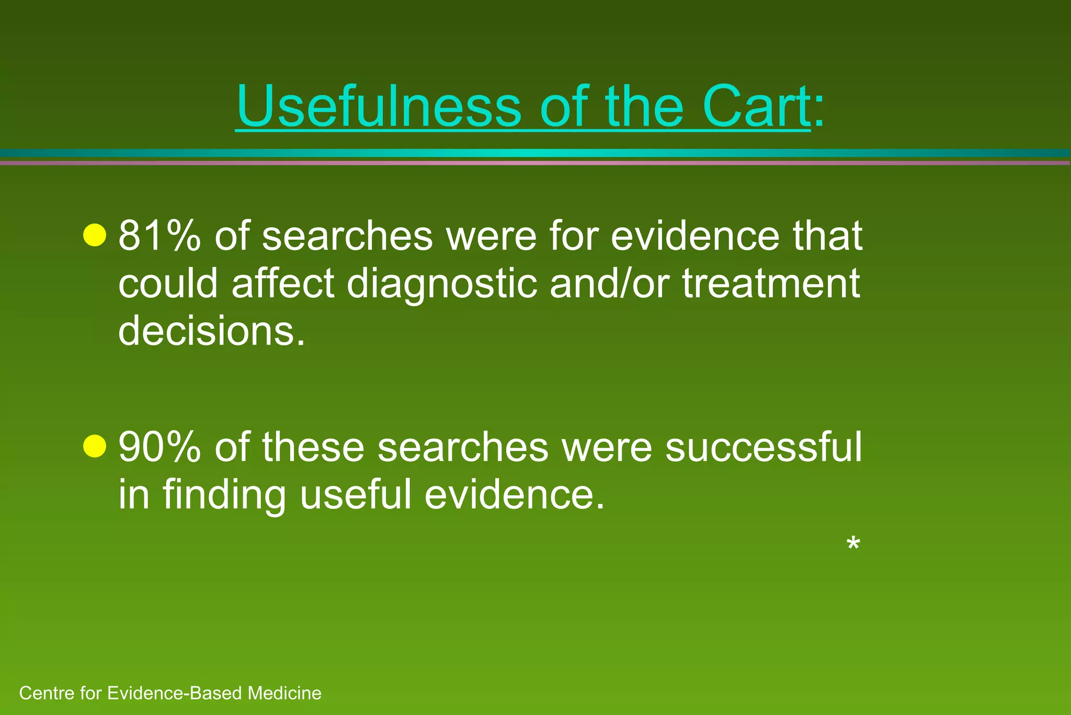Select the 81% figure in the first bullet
(159, 236)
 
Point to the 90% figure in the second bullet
(159, 448)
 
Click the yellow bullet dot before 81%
(95, 234)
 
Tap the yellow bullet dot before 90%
(95, 446)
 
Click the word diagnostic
(442, 284)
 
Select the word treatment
(771, 284)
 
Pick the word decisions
(211, 331)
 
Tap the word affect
(283, 284)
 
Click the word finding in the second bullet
(224, 495)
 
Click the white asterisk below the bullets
(852, 544)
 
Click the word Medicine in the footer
(284, 693)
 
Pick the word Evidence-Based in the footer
(175, 693)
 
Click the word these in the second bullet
(312, 448)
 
